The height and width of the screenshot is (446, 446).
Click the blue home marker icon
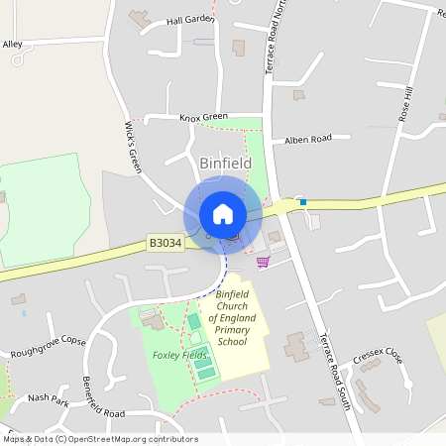click(223, 214)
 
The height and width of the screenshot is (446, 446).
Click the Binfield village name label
click(226, 163)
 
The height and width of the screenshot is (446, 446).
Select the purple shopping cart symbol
click(263, 262)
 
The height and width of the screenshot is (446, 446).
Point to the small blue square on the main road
click(303, 202)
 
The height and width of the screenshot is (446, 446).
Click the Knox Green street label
click(203, 117)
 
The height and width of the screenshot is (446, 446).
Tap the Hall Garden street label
click(190, 20)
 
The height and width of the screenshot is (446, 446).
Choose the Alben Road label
click(308, 140)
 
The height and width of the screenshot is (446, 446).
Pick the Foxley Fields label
click(179, 355)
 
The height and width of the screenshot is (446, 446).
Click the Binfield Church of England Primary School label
click(235, 318)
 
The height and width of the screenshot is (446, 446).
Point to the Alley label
click(12, 45)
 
